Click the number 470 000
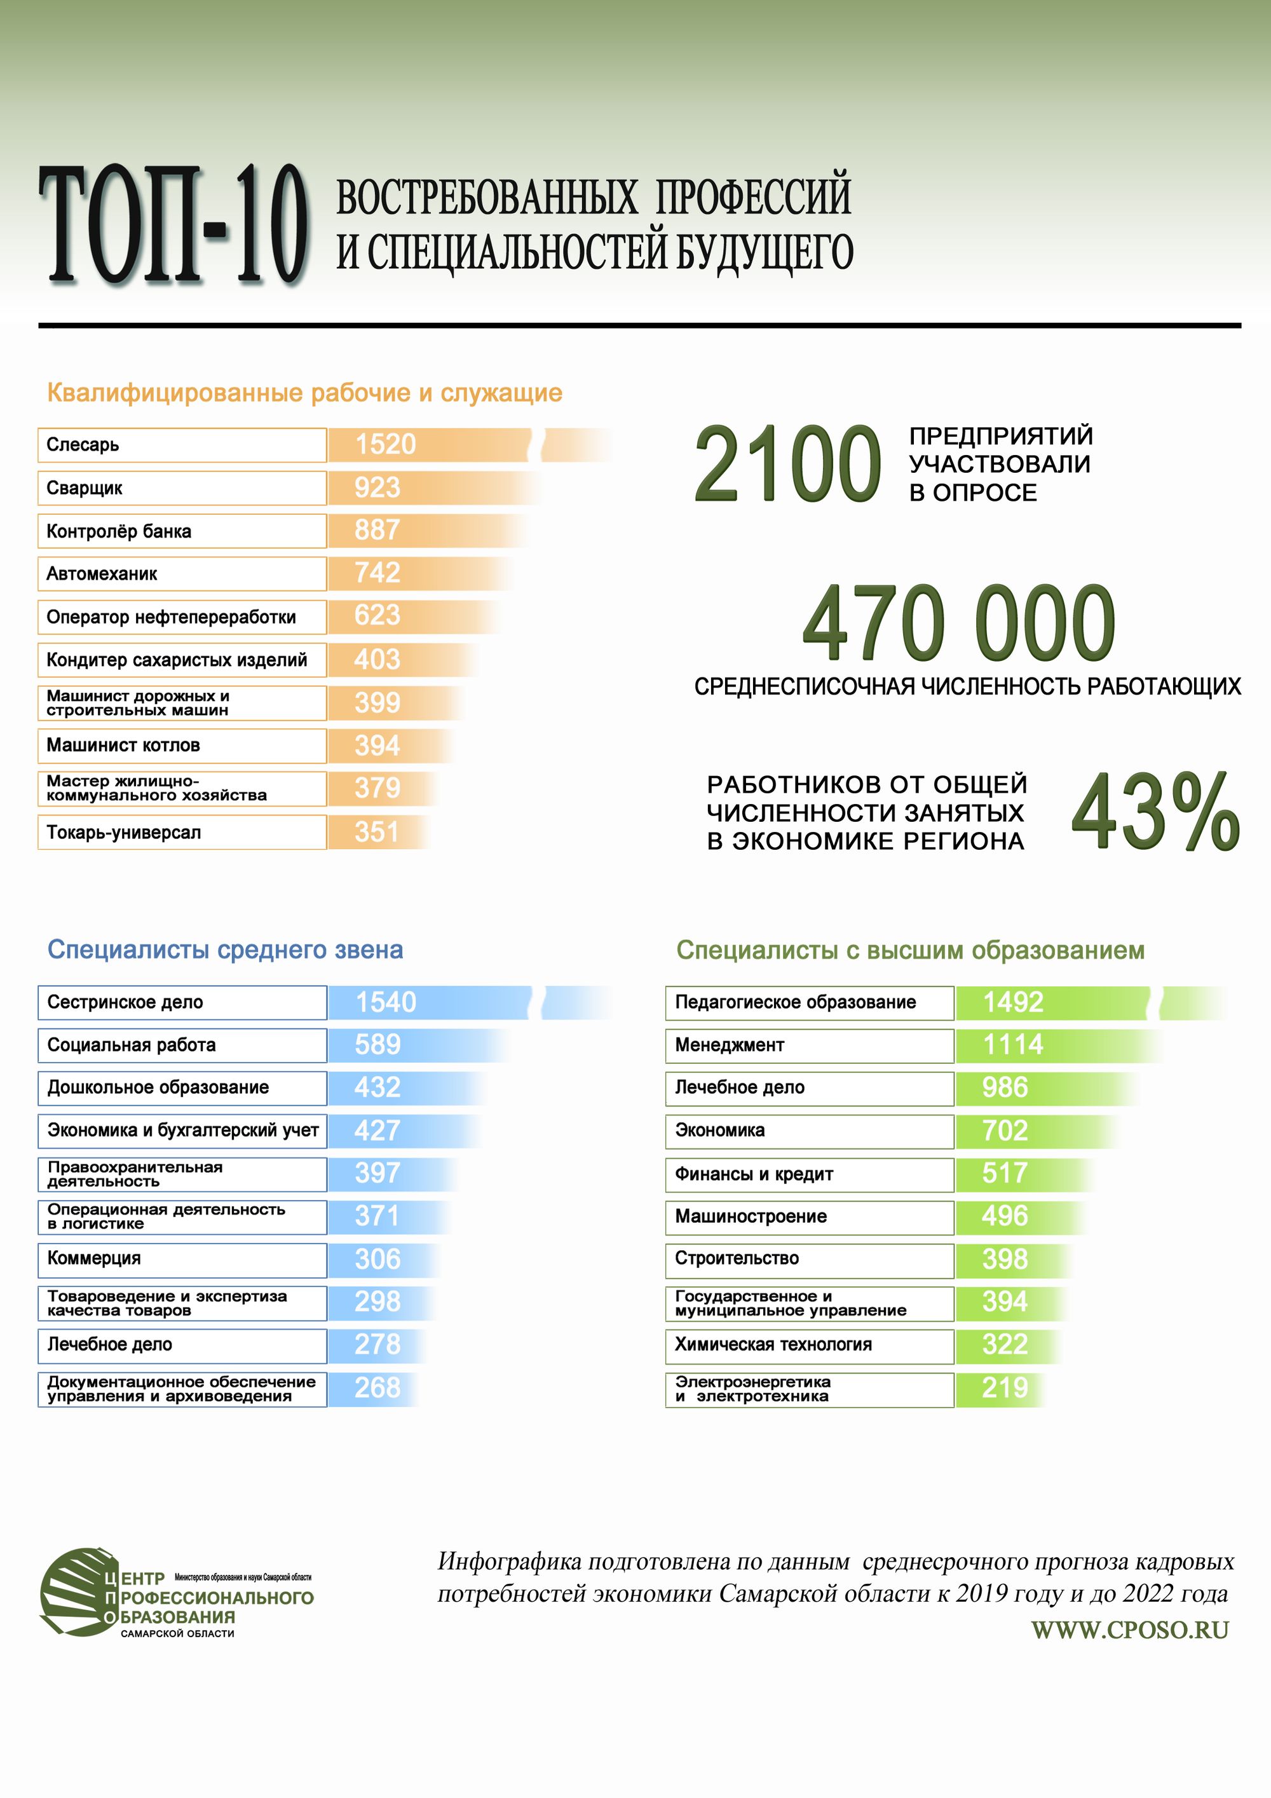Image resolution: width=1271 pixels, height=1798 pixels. pos(958,623)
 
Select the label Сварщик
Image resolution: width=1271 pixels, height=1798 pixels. pos(85,488)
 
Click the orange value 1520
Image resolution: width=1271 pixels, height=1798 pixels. pos(385,445)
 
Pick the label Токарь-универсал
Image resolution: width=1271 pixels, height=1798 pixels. pos(124,832)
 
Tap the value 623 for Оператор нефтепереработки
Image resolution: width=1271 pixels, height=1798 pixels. pos(377,615)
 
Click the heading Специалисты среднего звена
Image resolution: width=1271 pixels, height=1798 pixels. pos(225,950)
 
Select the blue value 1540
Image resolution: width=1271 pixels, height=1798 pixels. pos(385,1002)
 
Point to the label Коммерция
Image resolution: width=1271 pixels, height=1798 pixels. pos(94,1258)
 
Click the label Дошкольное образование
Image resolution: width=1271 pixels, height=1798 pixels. pos(158,1087)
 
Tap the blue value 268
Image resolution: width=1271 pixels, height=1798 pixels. pos(377,1387)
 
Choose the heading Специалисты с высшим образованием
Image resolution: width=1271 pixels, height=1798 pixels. pos(910,950)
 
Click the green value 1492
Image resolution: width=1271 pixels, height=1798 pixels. pos(1012,1002)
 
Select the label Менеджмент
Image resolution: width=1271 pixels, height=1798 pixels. pos(729,1045)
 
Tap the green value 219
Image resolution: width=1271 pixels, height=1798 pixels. pos(1004,1387)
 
